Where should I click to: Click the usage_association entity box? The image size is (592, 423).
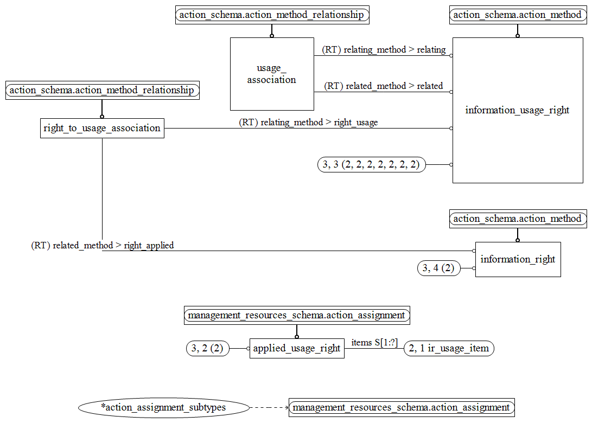click(x=272, y=74)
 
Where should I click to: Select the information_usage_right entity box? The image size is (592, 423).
click(x=518, y=110)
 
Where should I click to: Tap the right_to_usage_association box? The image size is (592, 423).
click(x=102, y=128)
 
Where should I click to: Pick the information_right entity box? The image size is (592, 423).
click(x=518, y=259)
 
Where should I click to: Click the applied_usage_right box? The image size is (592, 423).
click(x=297, y=348)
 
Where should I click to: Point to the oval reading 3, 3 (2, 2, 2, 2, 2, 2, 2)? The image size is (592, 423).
click(x=372, y=164)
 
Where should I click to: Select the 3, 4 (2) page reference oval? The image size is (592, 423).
click(x=439, y=268)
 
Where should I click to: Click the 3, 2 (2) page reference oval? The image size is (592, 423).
click(x=208, y=348)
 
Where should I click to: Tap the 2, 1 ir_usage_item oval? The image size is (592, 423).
click(x=449, y=348)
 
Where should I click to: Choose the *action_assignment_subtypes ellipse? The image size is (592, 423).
click(x=164, y=407)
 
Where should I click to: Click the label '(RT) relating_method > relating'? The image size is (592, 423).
click(x=384, y=50)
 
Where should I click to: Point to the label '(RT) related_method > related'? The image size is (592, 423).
click(x=384, y=86)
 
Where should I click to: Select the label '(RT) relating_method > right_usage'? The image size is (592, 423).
click(x=308, y=123)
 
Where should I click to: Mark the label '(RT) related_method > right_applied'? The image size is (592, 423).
click(x=103, y=246)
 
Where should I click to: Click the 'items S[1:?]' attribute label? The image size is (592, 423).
click(x=374, y=342)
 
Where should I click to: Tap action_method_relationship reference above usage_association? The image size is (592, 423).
click(x=272, y=15)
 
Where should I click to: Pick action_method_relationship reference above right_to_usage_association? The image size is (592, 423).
click(x=102, y=91)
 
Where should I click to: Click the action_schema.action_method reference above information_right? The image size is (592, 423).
click(x=518, y=219)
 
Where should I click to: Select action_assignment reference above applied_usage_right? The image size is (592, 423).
click(x=297, y=315)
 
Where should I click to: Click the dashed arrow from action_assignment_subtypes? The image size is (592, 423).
click(x=269, y=407)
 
